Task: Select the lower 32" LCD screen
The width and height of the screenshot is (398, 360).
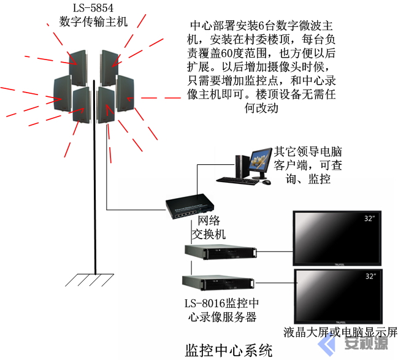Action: pyautogui.click(x=338, y=297)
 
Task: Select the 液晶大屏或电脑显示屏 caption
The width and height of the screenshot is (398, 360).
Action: pyautogui.click(x=340, y=332)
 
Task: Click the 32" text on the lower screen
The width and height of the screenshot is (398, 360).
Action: pyautogui.click(x=370, y=277)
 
